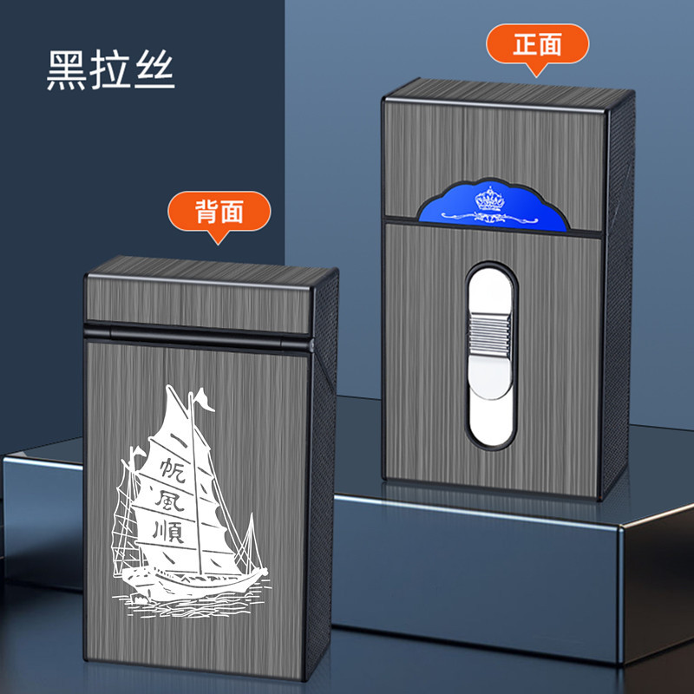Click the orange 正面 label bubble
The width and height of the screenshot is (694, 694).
(x=537, y=44)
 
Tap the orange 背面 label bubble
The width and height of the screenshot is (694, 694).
(x=219, y=212)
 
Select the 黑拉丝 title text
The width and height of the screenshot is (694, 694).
(x=111, y=71)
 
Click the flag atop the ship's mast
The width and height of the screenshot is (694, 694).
(x=201, y=399)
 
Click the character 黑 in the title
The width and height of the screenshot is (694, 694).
(x=68, y=71)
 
